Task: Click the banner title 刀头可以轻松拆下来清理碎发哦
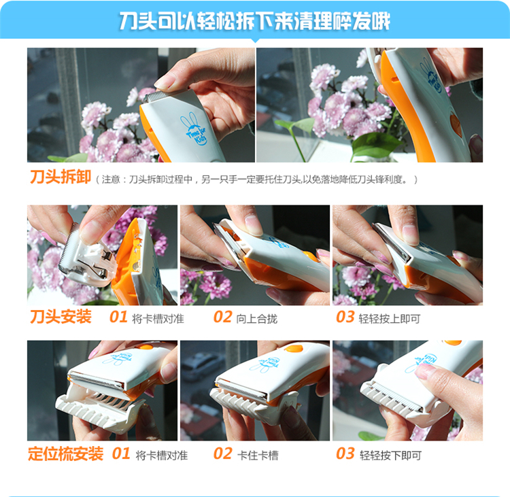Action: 255,21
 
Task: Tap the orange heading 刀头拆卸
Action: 61,177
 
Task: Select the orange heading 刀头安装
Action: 61,317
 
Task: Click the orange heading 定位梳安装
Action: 66,453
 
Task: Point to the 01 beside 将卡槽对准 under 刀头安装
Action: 118,317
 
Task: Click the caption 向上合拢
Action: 256,319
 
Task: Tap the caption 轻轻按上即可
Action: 390,319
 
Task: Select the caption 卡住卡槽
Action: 258,456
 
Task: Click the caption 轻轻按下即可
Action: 390,456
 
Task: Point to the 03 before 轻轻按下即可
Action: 345,453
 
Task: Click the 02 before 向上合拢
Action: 223,317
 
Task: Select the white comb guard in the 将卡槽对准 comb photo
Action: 97,410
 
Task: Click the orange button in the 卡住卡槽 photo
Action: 294,349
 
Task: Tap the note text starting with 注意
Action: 256,179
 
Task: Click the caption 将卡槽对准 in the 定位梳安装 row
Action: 162,456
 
